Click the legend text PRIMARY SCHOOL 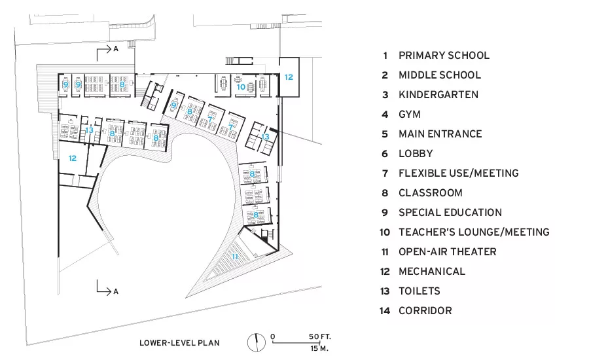tap(444, 56)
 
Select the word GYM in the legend tap(410, 115)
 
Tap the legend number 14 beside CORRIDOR tap(384, 311)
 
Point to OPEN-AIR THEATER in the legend tap(448, 252)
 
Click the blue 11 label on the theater tap(235, 257)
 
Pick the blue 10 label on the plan tap(241, 87)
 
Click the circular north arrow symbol tap(256, 342)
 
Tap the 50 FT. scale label tap(320, 336)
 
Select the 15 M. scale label tap(319, 348)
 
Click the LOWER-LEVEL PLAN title tap(179, 343)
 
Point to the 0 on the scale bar tap(273, 336)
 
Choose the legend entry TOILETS tap(419, 291)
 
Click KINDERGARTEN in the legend tap(438, 95)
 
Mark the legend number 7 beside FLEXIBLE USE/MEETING tap(385, 173)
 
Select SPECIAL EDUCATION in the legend tap(450, 213)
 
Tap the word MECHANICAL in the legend tap(432, 272)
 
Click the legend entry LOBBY tap(416, 154)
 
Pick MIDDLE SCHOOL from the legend tap(440, 75)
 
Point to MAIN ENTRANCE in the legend tap(440, 134)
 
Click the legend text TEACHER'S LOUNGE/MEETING tap(474, 232)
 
